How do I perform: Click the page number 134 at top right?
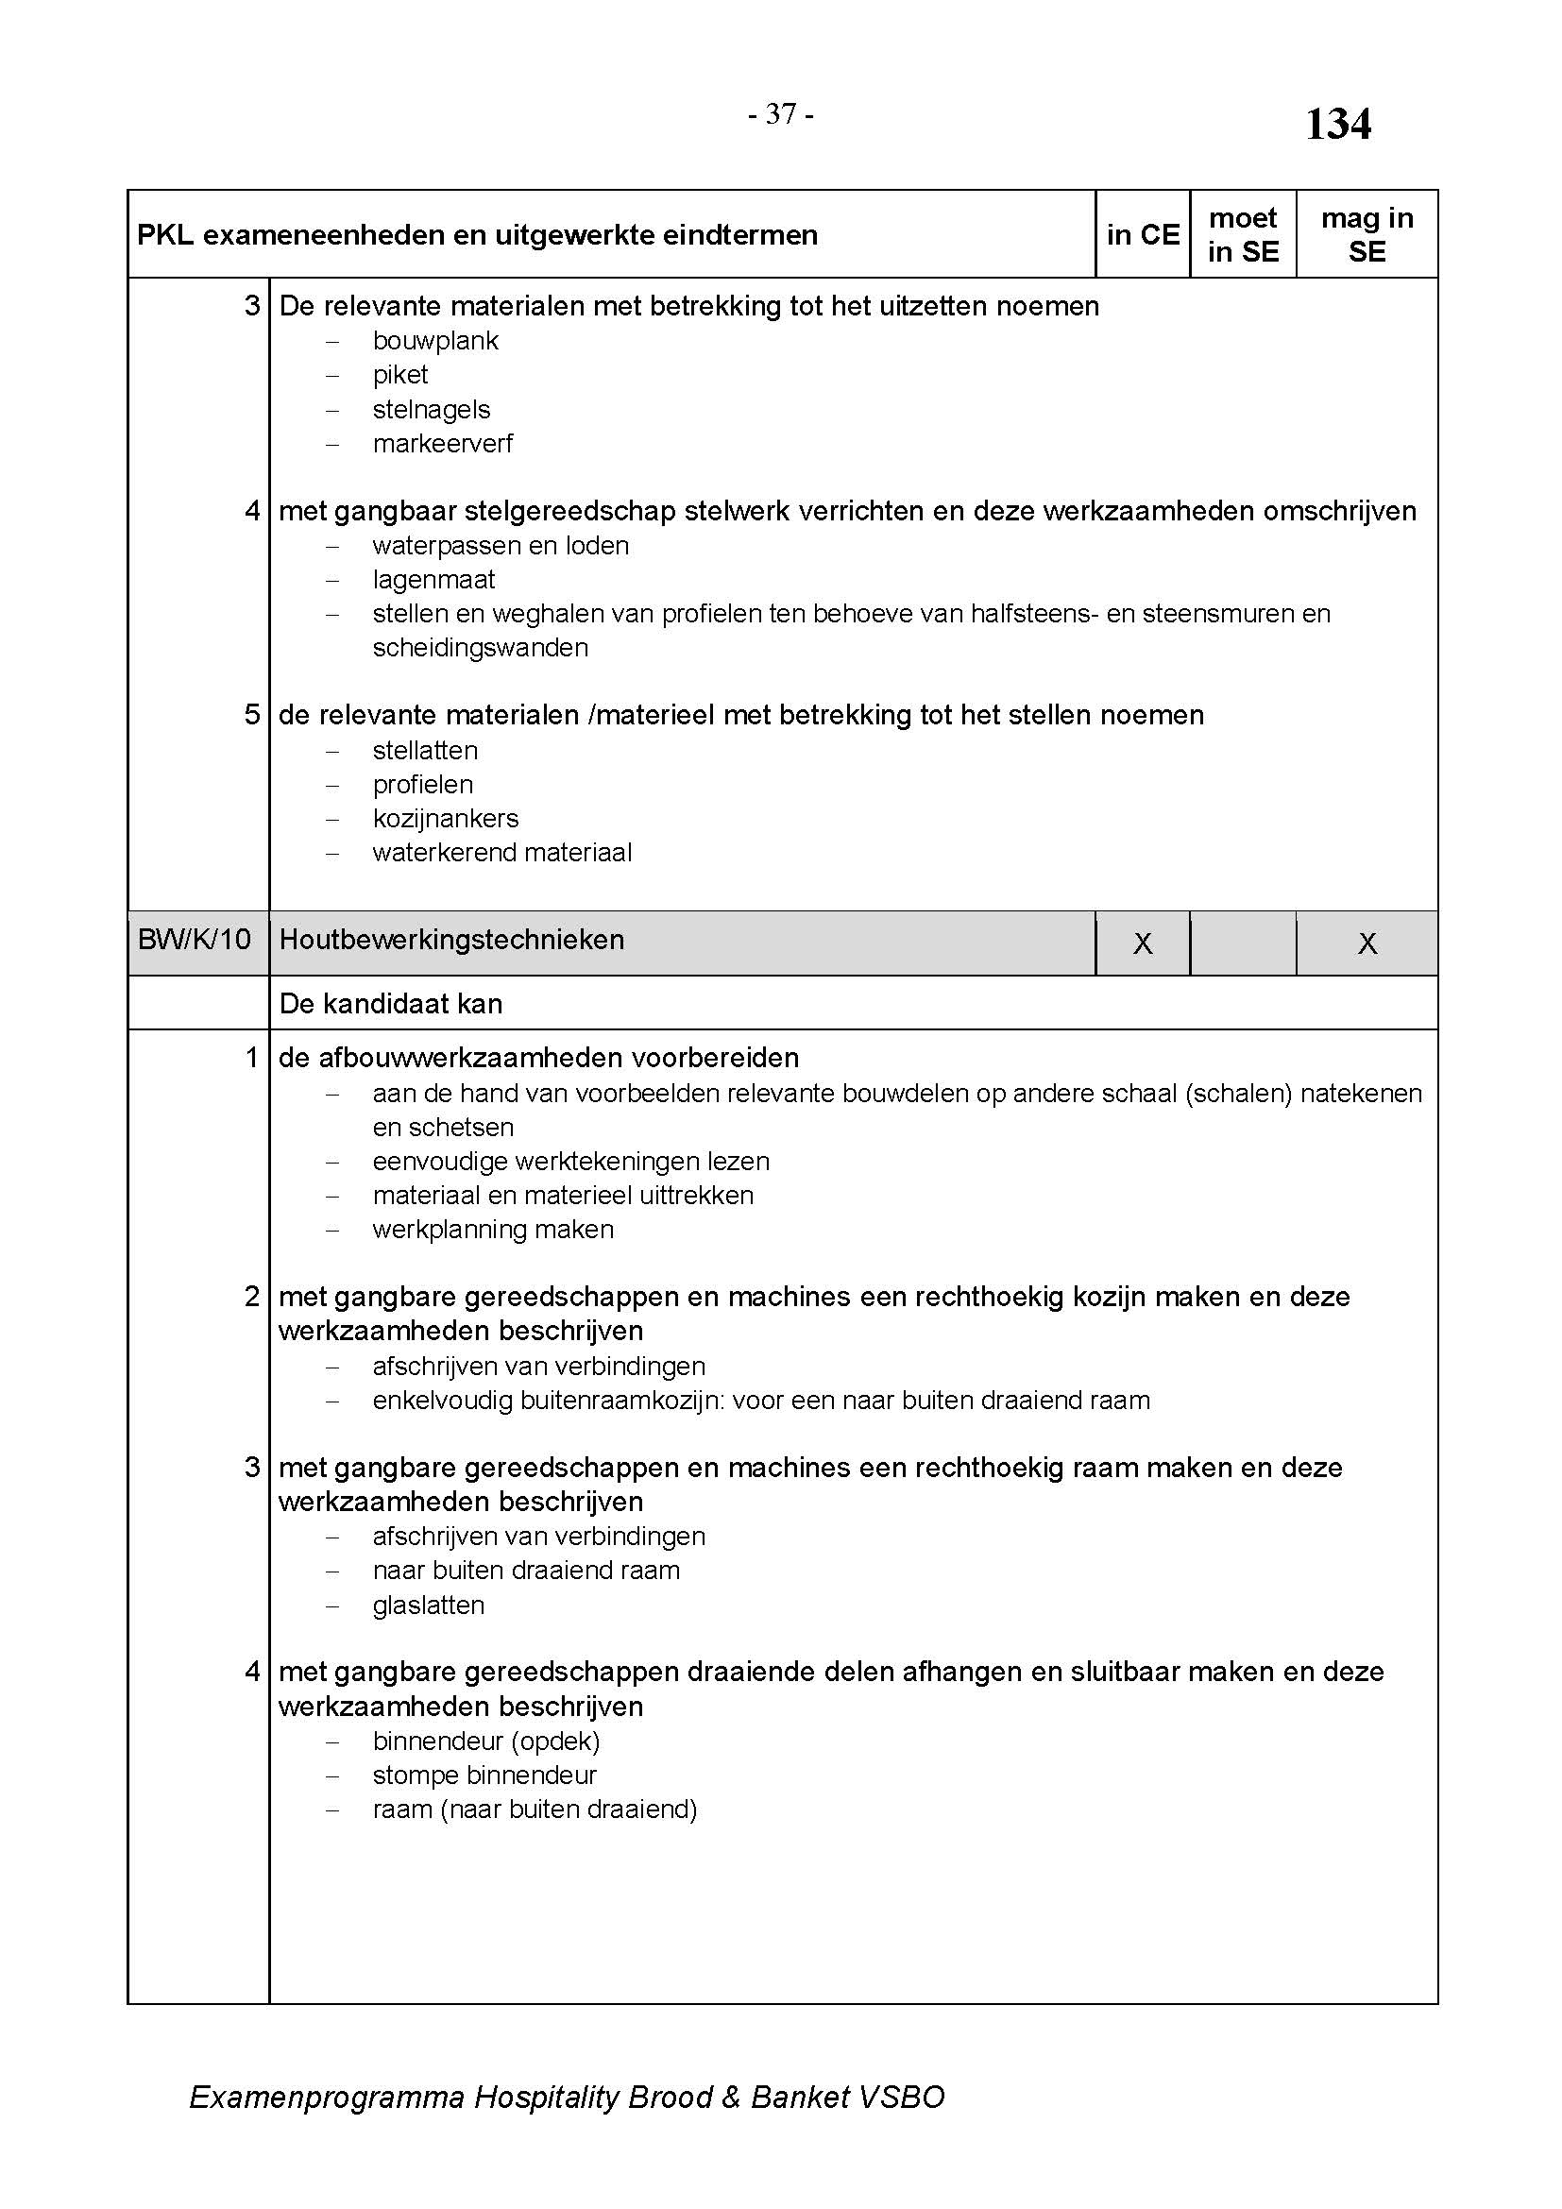[1338, 124]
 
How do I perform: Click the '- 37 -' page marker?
[781, 114]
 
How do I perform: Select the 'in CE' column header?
[1143, 235]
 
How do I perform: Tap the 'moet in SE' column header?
[1243, 235]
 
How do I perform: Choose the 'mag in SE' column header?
[1367, 235]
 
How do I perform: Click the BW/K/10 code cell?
[195, 939]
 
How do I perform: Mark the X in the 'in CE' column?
[1143, 943]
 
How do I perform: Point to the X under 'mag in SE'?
[1367, 943]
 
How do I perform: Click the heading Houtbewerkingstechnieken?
[451, 939]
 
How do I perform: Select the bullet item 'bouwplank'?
[435, 341]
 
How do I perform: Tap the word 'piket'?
[400, 374]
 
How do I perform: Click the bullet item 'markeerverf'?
[442, 444]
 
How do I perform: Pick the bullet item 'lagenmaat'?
[433, 579]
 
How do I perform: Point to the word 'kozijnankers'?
[446, 818]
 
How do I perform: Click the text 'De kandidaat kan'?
[391, 1004]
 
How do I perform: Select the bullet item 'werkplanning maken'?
[492, 1230]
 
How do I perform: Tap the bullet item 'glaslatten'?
[428, 1605]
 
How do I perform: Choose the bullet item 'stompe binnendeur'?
[484, 1776]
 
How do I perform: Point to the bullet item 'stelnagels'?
[431, 409]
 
